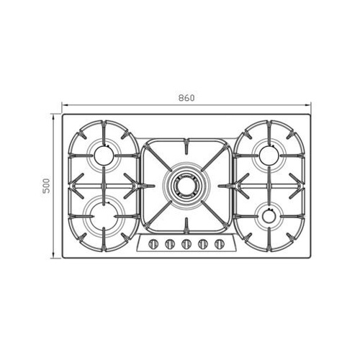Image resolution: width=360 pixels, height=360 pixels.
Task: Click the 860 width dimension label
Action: [x=186, y=98]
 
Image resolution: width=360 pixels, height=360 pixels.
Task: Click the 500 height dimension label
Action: [x=46, y=186]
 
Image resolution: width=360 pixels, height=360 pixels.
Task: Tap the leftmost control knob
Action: [x=153, y=244]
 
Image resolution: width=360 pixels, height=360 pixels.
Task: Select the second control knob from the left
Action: [x=170, y=244]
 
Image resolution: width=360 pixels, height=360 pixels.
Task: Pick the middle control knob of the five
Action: [x=186, y=244]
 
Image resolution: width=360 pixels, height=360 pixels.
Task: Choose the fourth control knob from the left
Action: [x=203, y=244]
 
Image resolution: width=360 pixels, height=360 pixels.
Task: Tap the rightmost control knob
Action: [x=220, y=244]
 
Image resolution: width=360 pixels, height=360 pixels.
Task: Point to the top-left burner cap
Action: [x=104, y=156]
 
